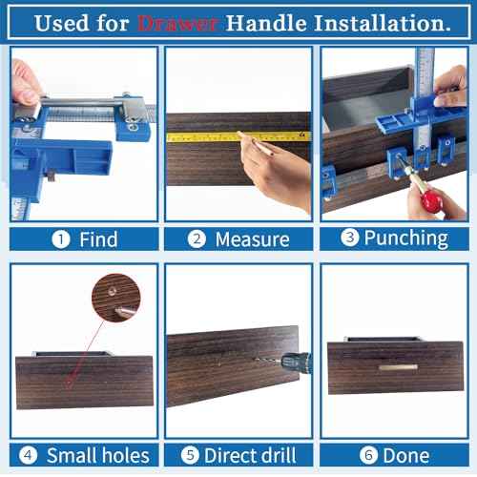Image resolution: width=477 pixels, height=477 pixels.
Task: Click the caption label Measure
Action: click(x=251, y=238)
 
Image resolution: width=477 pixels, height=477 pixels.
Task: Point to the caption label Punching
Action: click(x=406, y=238)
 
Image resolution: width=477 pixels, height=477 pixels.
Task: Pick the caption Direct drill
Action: click(x=250, y=455)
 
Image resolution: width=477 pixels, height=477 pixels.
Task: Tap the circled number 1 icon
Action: click(x=61, y=238)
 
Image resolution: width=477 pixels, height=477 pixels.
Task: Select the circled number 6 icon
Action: click(x=368, y=455)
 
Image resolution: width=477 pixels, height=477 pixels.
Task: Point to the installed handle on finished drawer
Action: click(x=398, y=366)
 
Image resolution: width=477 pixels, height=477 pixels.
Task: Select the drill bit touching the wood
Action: click(x=267, y=360)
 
